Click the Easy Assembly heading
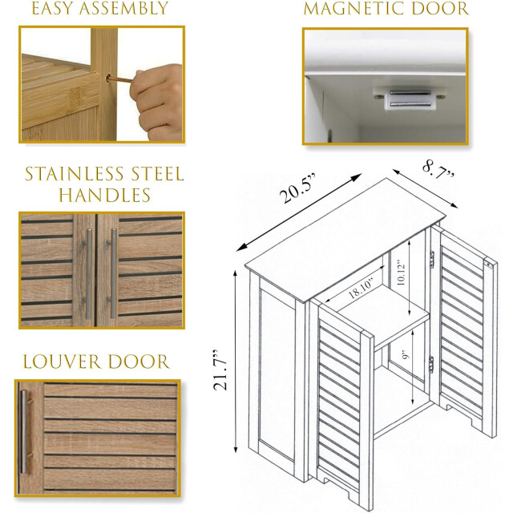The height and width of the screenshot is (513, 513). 101,10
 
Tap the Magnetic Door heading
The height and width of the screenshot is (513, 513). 386,10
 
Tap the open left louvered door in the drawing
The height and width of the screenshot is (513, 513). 341,401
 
